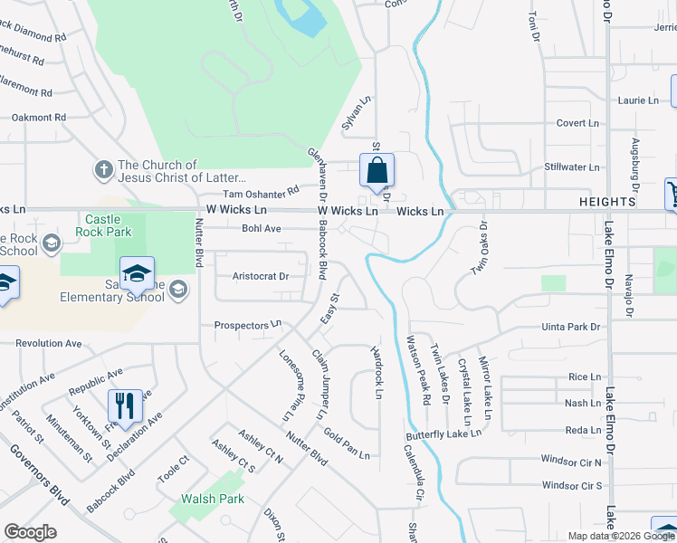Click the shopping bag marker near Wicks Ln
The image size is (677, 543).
(377, 169)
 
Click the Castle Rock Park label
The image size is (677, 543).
(109, 225)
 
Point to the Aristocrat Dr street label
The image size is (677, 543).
(260, 276)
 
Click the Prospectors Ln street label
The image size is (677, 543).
(248, 325)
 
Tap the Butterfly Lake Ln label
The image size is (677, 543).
(443, 435)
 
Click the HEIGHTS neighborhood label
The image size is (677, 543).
(610, 201)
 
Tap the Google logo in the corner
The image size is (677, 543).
(30, 532)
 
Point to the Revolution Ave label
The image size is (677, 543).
(49, 343)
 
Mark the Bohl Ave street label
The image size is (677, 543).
(262, 229)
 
